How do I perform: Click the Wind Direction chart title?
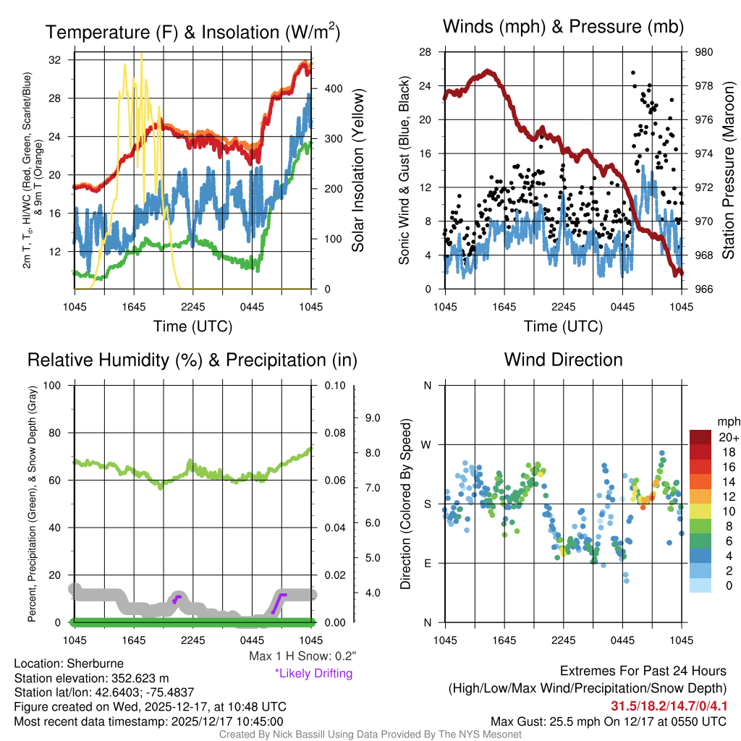[x=563, y=360]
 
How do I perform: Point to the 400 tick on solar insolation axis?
[x=332, y=88]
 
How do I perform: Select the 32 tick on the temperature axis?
[x=54, y=60]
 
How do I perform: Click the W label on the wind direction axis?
[x=428, y=444]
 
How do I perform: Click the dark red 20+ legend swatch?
[x=701, y=438]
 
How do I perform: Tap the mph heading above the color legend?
[x=726, y=421]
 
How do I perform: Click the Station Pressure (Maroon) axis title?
[x=728, y=170]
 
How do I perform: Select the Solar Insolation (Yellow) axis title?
[x=357, y=170]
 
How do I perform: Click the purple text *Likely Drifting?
[x=313, y=673]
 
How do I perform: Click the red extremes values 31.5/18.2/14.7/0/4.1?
[x=669, y=706]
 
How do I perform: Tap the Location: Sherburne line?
[x=69, y=664]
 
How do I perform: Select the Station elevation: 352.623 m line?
[x=91, y=678]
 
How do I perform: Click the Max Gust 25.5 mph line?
[x=609, y=721]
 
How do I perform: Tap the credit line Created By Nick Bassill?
[x=370, y=734]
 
